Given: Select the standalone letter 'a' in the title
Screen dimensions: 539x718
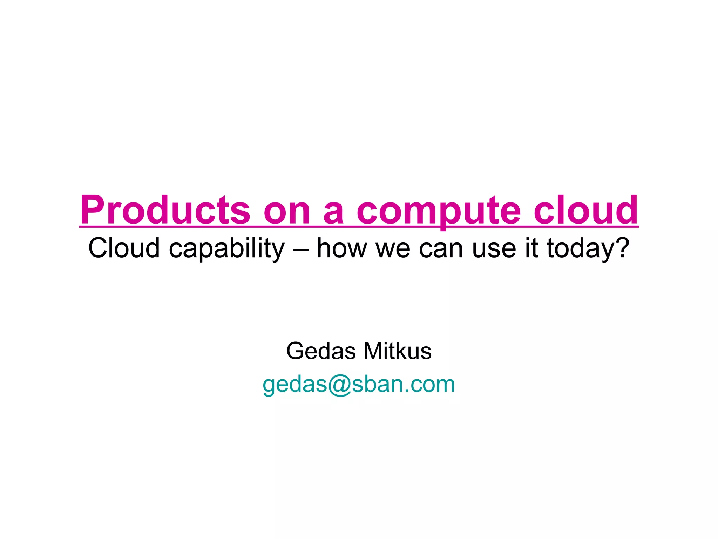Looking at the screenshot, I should [333, 214].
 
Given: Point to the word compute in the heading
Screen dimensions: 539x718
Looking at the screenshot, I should [439, 211].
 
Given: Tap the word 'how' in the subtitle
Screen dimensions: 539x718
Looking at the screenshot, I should [341, 248].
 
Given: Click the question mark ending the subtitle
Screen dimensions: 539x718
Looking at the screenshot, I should [622, 247].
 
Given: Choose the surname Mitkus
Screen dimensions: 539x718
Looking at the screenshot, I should [397, 351].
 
